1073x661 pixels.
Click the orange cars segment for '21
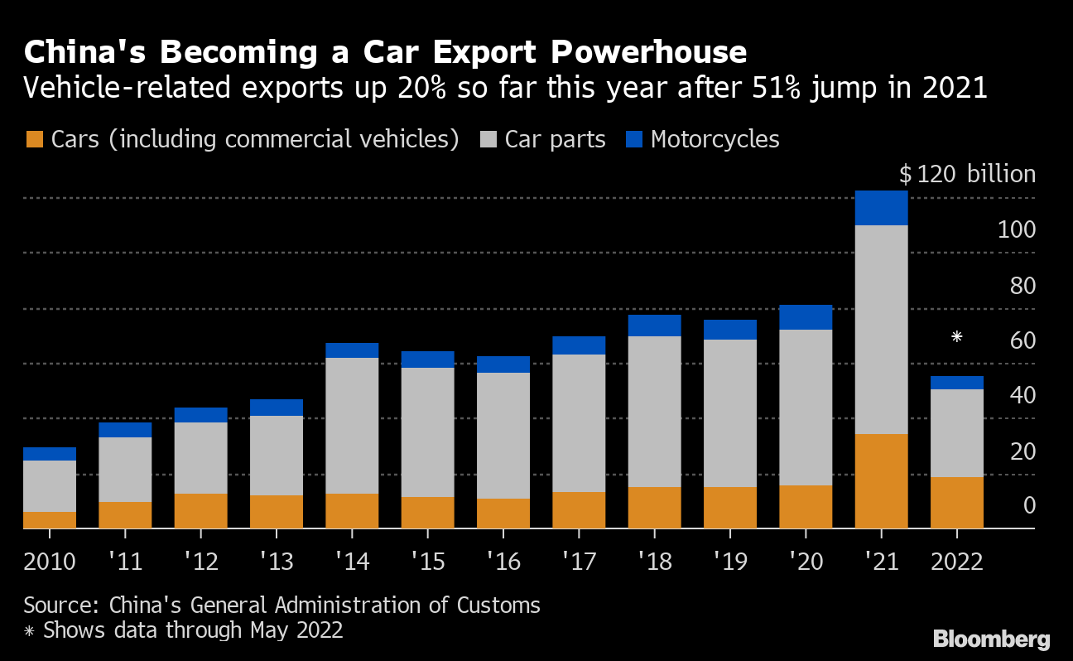881,480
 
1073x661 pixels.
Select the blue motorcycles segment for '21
881,208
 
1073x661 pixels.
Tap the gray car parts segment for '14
352,425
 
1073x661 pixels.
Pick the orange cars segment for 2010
50,519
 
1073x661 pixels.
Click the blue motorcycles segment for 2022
957,383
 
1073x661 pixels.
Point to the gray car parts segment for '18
654,411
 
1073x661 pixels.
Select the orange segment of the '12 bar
200,510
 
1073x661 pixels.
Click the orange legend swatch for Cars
34,139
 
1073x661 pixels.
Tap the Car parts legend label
556,139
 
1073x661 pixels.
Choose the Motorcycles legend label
715,139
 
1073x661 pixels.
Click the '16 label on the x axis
503,562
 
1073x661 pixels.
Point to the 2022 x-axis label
957,562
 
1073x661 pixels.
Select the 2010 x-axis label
50,562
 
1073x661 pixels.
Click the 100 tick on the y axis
1016,229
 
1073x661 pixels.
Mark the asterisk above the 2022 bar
957,337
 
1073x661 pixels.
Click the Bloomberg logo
991,639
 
